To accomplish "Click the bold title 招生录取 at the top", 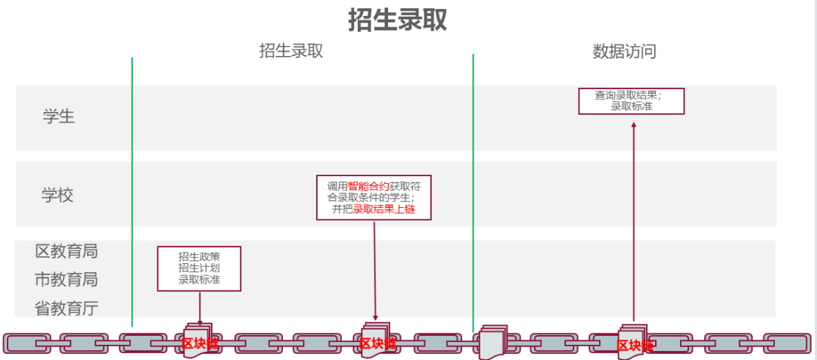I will [x=398, y=20].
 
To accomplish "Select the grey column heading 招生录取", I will [x=291, y=51].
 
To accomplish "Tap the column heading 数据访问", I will [x=624, y=51].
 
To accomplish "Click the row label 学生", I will [x=59, y=116].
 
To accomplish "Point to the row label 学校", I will [x=57, y=195].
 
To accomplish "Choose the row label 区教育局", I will [x=67, y=251].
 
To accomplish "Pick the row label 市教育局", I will [x=67, y=280].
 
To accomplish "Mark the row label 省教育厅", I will [x=67, y=308].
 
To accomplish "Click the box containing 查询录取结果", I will [x=631, y=101].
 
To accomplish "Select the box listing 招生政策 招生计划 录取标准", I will [x=199, y=268].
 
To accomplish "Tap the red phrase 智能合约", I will [x=368, y=185].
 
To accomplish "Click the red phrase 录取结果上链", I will [x=384, y=209].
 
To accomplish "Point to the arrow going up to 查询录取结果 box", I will [x=634, y=219].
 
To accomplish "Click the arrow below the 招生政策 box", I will [x=200, y=308].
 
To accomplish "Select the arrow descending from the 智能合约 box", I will [x=374, y=268].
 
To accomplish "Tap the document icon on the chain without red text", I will [x=492, y=341].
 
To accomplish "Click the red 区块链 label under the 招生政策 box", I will [x=200, y=344].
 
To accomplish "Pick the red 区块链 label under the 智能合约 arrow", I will [x=377, y=344].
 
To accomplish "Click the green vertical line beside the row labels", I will [x=132, y=189].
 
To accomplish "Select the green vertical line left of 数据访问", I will [x=474, y=189].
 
